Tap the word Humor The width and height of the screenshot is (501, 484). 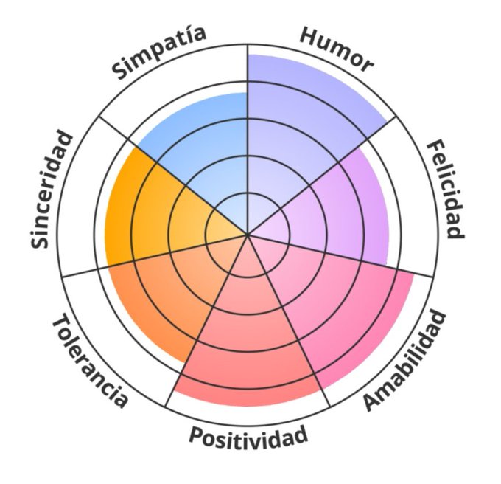[335, 49]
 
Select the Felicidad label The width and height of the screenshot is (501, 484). [446, 189]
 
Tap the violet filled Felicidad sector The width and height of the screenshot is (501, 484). [339, 207]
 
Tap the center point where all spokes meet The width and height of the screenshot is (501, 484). [248, 235]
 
